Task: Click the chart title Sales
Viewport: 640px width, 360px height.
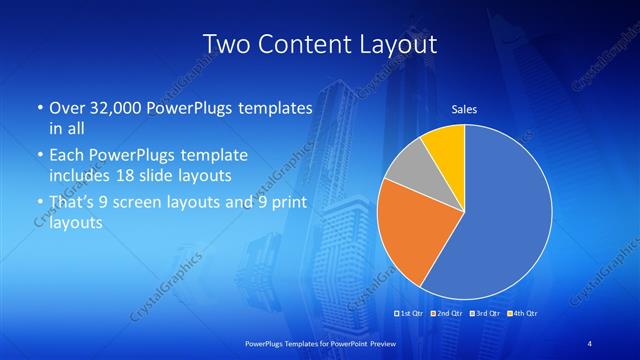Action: [x=464, y=108]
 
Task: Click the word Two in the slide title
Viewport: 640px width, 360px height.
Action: [x=225, y=44]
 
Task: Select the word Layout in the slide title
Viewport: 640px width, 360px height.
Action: [x=397, y=44]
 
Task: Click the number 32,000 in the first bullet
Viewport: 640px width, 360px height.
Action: [x=115, y=108]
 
